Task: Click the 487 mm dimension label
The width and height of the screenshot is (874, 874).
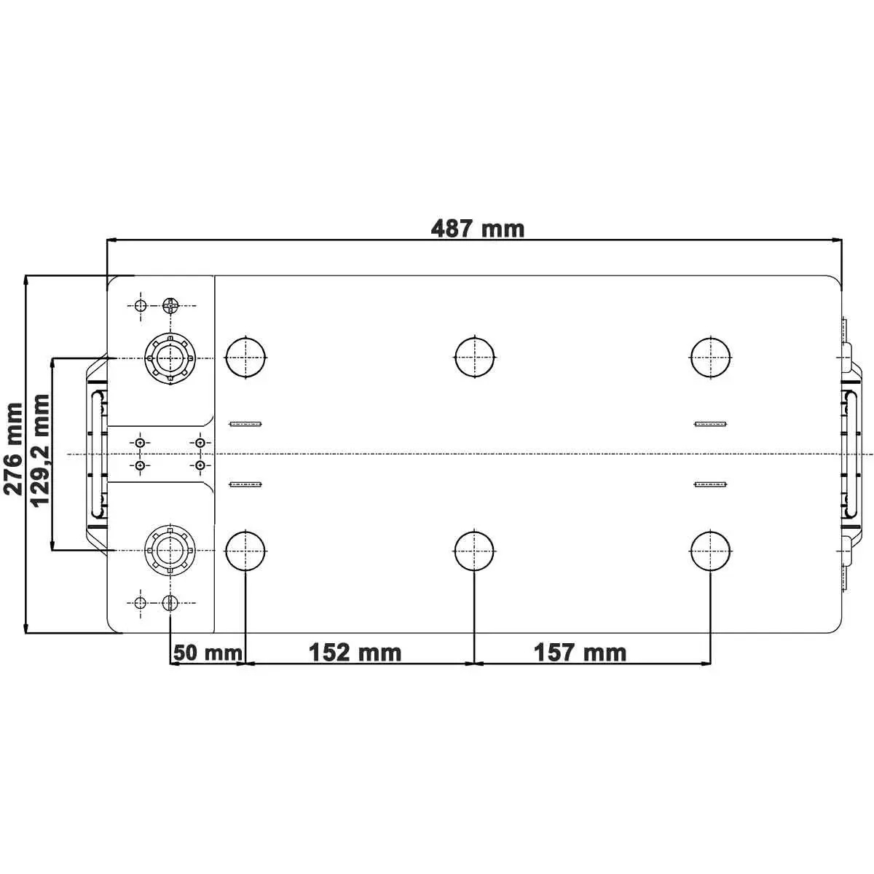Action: pyautogui.click(x=477, y=229)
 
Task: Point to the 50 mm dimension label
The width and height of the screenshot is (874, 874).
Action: pyautogui.click(x=208, y=652)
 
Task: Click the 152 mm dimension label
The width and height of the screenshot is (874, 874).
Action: pyautogui.click(x=355, y=652)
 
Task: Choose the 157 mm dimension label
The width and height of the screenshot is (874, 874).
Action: pyautogui.click(x=580, y=652)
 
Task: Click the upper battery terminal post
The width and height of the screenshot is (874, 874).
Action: pyautogui.click(x=169, y=358)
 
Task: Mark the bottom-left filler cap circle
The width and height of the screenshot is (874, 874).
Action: pyautogui.click(x=246, y=551)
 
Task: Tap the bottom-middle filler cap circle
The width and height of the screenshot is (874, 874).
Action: pyautogui.click(x=474, y=551)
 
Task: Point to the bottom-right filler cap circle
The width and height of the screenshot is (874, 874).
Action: pyautogui.click(x=710, y=551)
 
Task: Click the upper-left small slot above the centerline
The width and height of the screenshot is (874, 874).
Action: pyautogui.click(x=246, y=424)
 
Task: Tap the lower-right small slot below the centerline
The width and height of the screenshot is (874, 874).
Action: pyautogui.click(x=710, y=484)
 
